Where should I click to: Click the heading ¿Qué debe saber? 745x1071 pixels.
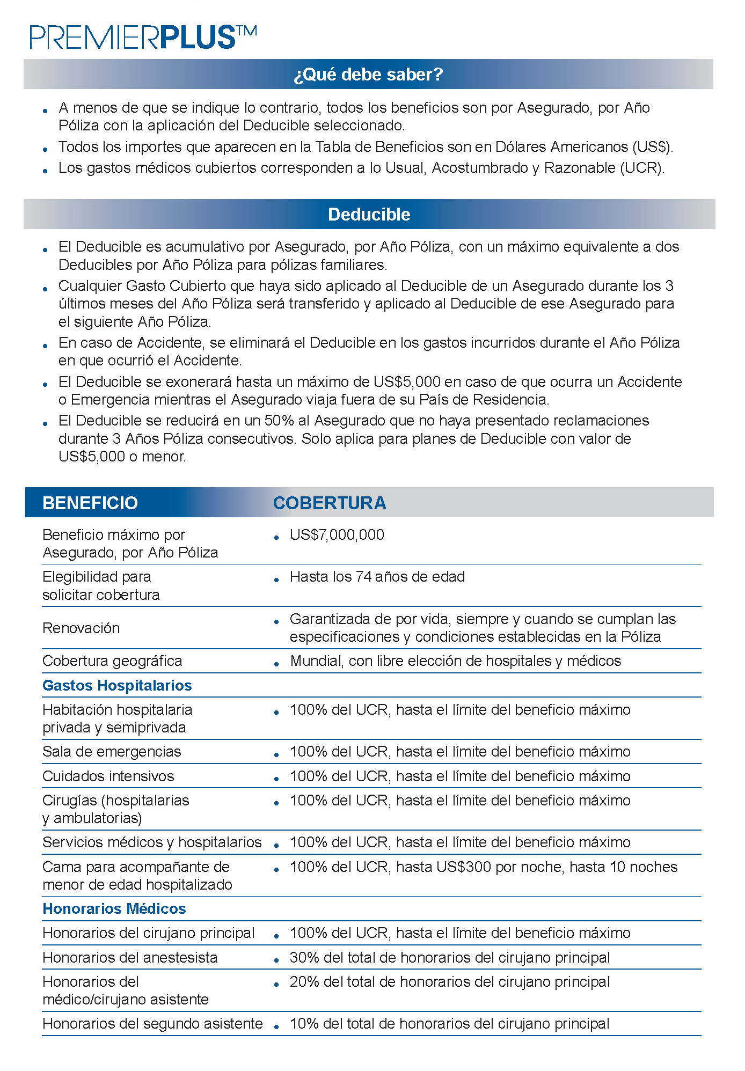(368, 74)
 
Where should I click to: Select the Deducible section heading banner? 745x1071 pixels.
(369, 214)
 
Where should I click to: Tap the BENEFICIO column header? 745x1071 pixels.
(90, 503)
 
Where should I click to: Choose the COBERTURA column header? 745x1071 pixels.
(330, 503)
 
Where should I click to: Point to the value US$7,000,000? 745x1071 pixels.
(337, 535)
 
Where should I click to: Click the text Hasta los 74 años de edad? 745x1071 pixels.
(377, 577)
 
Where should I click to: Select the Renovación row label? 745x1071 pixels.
(81, 628)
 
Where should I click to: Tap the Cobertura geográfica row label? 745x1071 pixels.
(112, 661)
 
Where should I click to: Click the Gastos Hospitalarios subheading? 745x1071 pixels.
(117, 686)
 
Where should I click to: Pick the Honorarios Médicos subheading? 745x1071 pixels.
(114, 909)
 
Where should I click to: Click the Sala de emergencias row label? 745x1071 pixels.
(112, 752)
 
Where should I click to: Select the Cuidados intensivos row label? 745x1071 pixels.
(108, 776)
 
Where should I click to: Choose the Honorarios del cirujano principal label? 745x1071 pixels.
(149, 933)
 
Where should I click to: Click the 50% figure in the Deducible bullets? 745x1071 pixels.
(279, 421)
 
